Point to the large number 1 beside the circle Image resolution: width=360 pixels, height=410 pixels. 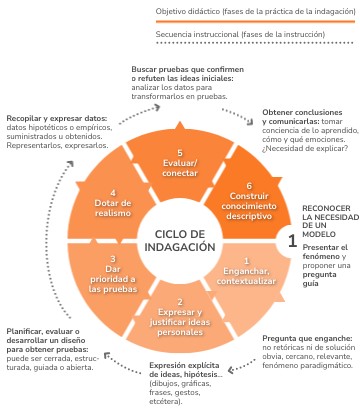tap(291, 240)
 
